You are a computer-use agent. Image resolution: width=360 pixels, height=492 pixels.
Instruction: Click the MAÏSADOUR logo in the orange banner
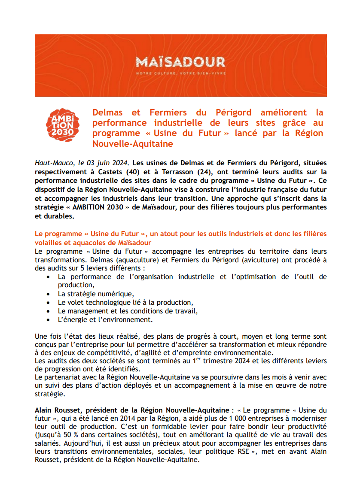pos(180,62)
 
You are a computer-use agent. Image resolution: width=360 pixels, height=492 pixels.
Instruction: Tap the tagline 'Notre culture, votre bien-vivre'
pos(180,73)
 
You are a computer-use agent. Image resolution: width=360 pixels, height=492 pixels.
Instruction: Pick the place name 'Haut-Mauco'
pos(54,163)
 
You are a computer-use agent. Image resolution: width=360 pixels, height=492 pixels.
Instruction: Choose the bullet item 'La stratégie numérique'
pos(95,294)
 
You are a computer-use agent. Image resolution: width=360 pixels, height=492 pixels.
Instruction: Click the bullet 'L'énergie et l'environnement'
pos(105,320)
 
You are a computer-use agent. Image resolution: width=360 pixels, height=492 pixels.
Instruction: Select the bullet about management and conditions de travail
pos(128,311)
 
